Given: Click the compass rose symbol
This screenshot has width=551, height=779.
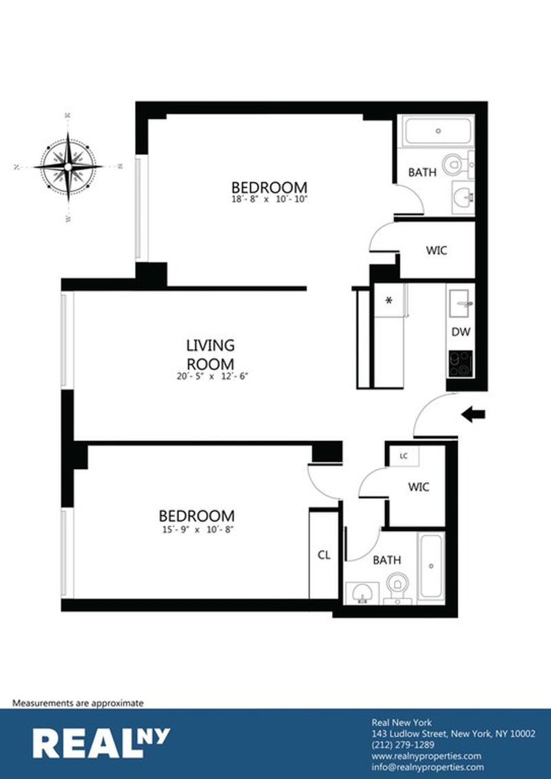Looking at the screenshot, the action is (67, 167).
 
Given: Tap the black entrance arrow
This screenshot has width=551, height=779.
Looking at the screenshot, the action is (473, 414).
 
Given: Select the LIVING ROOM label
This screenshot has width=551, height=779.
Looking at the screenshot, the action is (210, 353).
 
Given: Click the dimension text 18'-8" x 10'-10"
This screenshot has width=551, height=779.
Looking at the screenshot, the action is (270, 200).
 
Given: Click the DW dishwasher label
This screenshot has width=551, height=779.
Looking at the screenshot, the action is (461, 333).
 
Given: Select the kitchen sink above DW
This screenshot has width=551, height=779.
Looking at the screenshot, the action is (461, 304).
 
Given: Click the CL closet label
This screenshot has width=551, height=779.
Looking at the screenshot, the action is (324, 555).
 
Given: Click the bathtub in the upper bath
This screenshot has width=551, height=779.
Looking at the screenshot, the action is (438, 131).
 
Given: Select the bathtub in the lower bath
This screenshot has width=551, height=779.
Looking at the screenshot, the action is (431, 566).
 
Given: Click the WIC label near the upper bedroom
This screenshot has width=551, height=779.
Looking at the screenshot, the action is (436, 251).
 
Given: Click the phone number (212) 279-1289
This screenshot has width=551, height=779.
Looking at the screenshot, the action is (403, 745).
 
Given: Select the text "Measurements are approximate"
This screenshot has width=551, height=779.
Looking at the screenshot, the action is (78, 703).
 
